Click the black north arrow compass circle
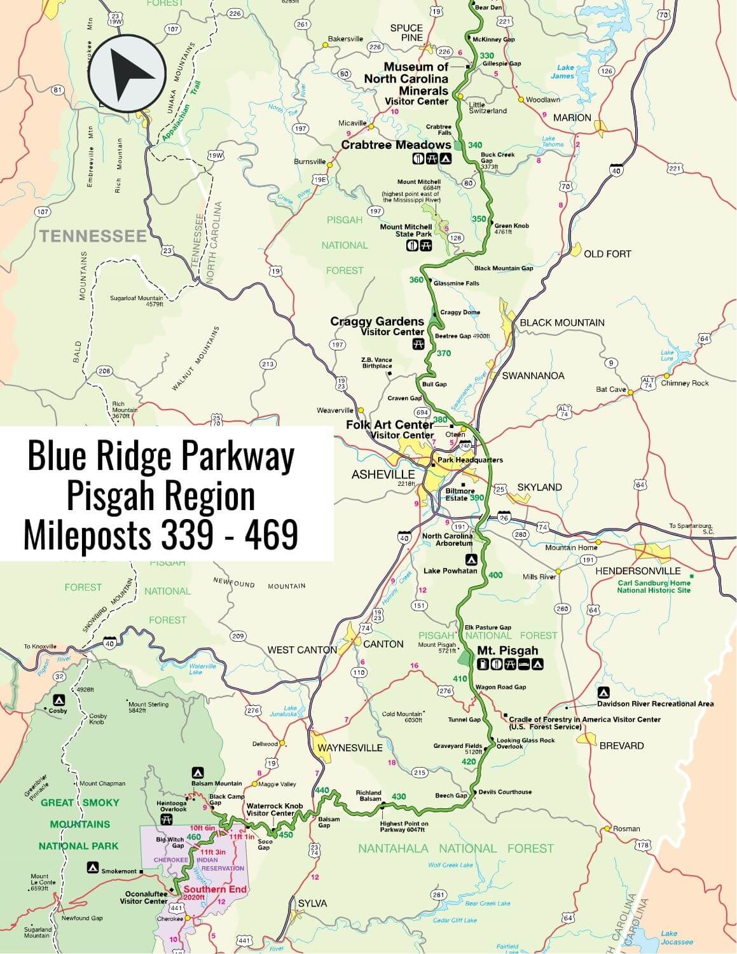pyautogui.click(x=127, y=73)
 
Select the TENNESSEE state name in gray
pyautogui.click(x=93, y=237)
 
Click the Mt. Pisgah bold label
pyautogui.click(x=507, y=651)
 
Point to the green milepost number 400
pyautogui.click(x=495, y=575)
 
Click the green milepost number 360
pyautogui.click(x=416, y=280)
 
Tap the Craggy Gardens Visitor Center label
pyautogui.click(x=377, y=326)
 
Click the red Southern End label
pyautogui.click(x=207, y=889)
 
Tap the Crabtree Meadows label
pyautogui.click(x=396, y=145)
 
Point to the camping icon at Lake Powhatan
pyautogui.click(x=471, y=560)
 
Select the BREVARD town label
pyautogui.click(x=621, y=745)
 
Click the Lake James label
pyautogui.click(x=565, y=72)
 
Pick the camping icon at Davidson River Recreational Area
pyautogui.click(x=603, y=692)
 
